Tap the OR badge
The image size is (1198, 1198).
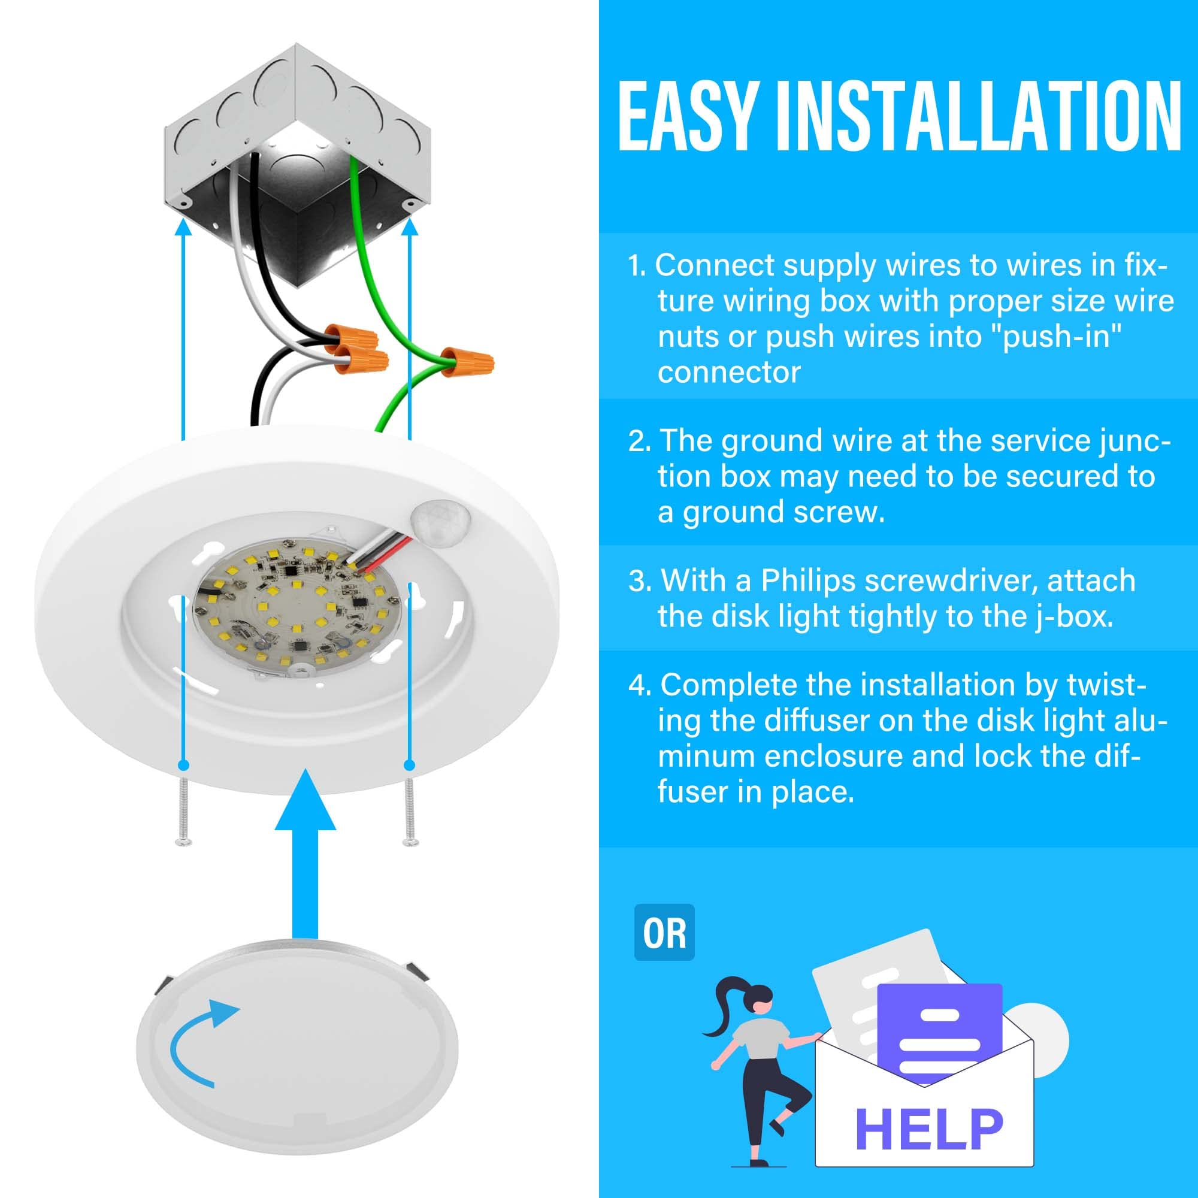click(x=664, y=933)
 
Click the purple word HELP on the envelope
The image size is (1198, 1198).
click(x=928, y=1130)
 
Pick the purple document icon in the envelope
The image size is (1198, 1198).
click(x=939, y=1030)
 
